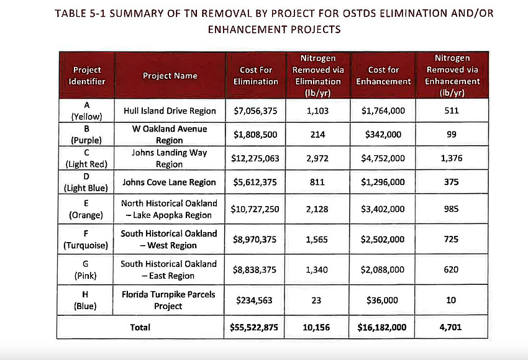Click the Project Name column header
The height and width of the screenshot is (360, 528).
pos(170,76)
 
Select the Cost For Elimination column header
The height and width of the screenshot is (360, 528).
pos(255,76)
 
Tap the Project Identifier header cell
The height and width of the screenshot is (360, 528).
pos(87,76)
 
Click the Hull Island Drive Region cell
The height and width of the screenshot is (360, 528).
pos(170,111)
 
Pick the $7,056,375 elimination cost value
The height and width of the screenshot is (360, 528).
pos(255,111)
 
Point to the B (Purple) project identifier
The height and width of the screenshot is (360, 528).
pos(87,134)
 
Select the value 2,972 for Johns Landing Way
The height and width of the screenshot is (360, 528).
pos(317,158)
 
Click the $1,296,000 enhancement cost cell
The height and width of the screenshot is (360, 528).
pos(383,182)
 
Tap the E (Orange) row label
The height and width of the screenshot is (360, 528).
pos(87,209)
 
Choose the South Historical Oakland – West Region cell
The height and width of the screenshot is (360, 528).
pos(170,240)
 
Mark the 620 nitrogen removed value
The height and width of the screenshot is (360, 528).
pos(451,269)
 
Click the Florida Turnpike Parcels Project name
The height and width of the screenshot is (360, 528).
pos(170,300)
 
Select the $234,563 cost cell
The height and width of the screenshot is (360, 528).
pos(255,300)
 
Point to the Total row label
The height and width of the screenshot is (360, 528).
pos(140,327)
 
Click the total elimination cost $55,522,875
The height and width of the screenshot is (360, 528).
pos(255,327)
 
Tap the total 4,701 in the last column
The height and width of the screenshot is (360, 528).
pos(451,327)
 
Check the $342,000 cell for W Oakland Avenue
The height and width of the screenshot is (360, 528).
pos(383,134)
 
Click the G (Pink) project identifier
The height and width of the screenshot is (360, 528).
pos(87,269)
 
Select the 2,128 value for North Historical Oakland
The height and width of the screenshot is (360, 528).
pos(317,209)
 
